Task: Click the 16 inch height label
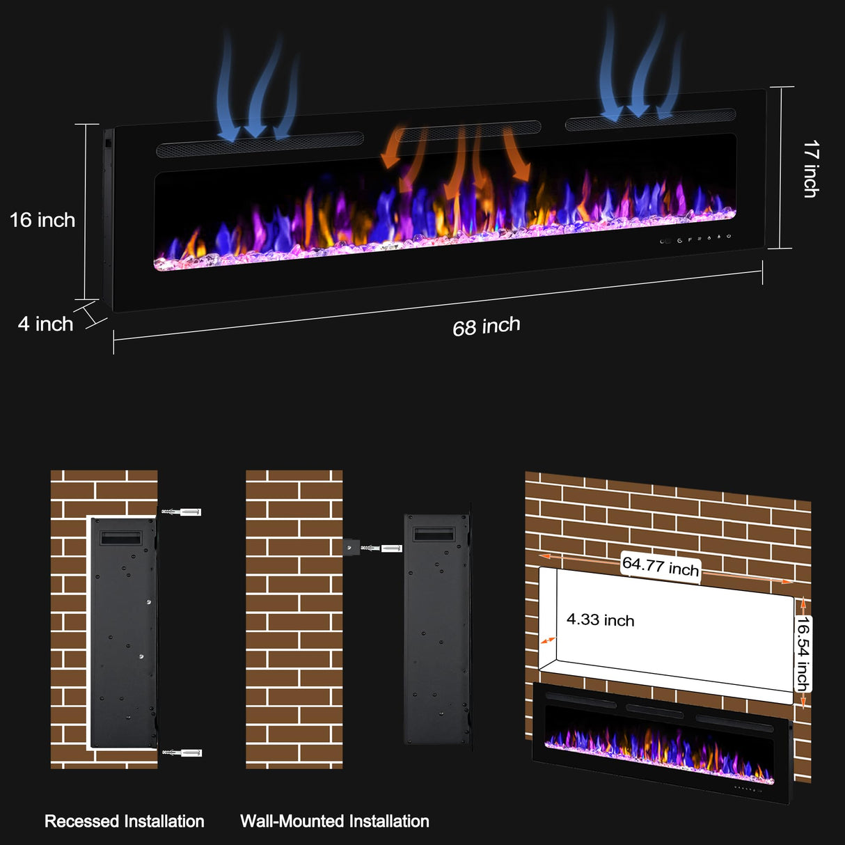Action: point(42,220)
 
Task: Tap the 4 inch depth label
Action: point(45,324)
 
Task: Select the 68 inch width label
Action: point(487,326)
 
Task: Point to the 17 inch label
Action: point(811,169)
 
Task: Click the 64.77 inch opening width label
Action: point(660,565)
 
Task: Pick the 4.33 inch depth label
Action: point(600,619)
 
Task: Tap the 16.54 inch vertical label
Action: point(803,654)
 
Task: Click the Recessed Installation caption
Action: point(125,821)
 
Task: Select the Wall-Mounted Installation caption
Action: point(335,821)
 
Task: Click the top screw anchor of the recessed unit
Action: point(182,512)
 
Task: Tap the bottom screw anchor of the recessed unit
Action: point(182,752)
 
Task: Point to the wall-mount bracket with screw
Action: point(372,548)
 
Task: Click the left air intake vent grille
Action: point(260,143)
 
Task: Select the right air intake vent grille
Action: point(650,120)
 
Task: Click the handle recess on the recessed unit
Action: point(121,538)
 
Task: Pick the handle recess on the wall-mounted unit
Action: point(434,534)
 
